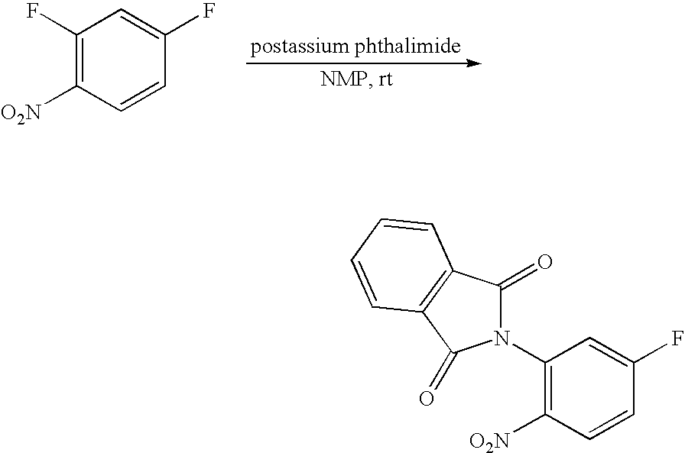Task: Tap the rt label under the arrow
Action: [x=385, y=80]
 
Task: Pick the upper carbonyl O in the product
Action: [x=544, y=264]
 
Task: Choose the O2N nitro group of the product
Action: [x=489, y=441]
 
